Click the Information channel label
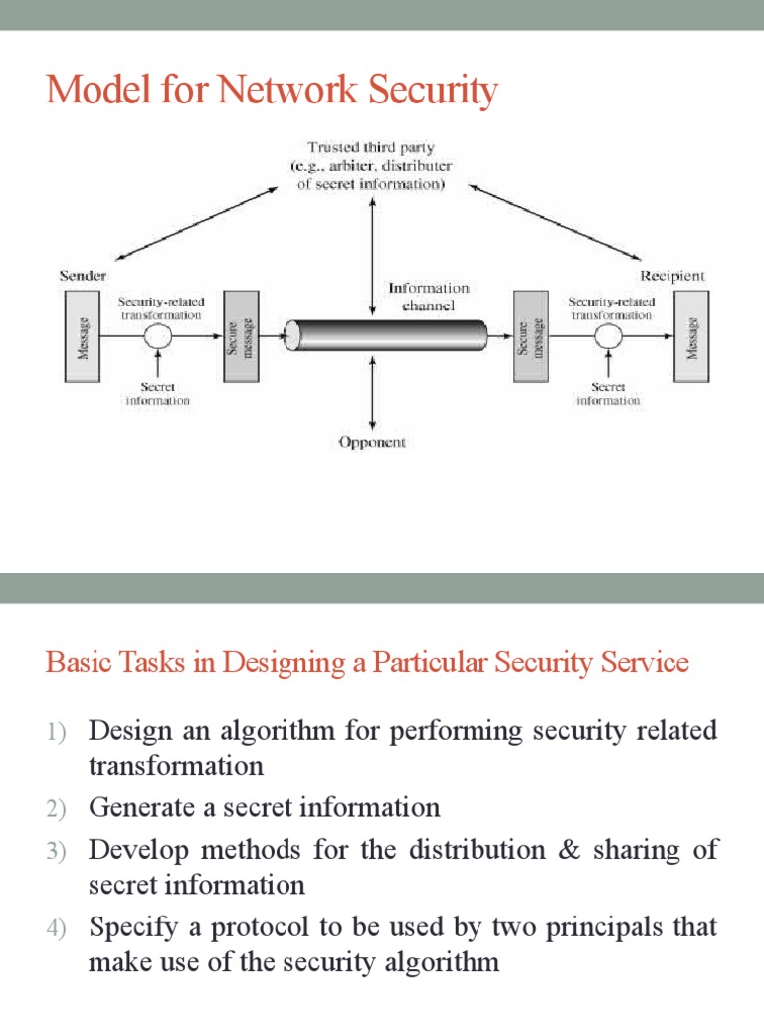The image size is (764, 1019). click(428, 297)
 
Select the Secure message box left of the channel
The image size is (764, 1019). click(242, 336)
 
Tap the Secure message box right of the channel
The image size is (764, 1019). click(528, 336)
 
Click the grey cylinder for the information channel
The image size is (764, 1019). click(384, 336)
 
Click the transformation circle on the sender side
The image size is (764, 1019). click(159, 337)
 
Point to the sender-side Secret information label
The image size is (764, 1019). click(158, 394)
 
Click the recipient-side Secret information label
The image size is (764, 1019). click(609, 394)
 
